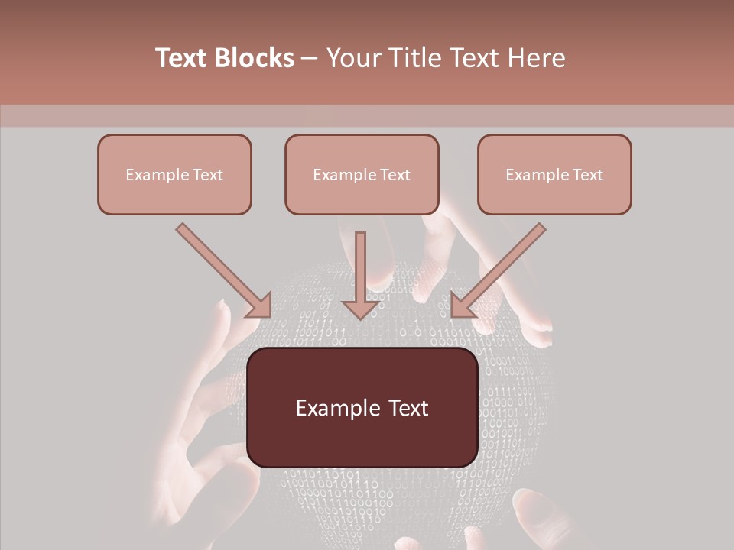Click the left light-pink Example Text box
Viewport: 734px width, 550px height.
(174, 174)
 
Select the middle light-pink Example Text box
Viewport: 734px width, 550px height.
(362, 174)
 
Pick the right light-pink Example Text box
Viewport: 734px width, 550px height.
(554, 174)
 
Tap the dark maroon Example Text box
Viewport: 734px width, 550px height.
(362, 408)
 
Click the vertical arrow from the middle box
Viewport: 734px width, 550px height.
(360, 275)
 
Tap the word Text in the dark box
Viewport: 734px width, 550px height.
(408, 408)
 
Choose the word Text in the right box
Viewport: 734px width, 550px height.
(587, 175)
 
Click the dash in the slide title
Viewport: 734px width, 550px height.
(310, 59)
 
